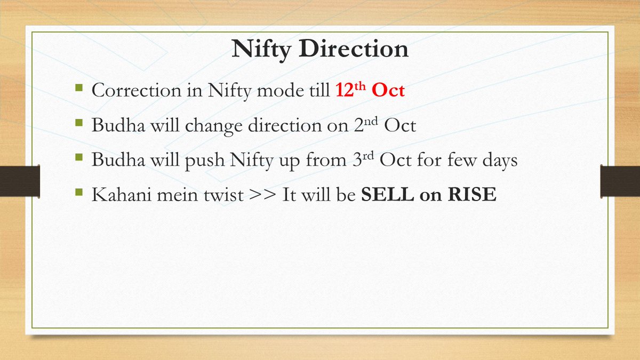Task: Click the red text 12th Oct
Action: point(370,90)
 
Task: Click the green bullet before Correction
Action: point(79,86)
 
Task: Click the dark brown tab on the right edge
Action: point(620,180)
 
